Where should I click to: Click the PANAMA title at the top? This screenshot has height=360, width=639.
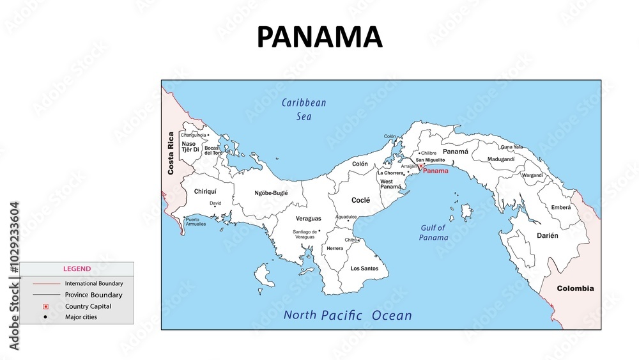(319, 38)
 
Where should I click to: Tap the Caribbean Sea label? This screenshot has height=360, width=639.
(304, 109)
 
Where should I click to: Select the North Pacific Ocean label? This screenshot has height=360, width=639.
(348, 315)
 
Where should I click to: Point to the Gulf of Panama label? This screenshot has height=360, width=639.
(433, 233)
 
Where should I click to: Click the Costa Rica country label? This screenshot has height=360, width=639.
(171, 153)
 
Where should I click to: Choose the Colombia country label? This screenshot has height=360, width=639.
(575, 288)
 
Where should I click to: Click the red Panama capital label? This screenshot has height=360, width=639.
(436, 171)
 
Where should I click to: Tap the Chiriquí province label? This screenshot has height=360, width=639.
(205, 191)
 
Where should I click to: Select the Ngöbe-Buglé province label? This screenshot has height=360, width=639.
(271, 192)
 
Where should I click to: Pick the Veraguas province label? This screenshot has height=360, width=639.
(309, 219)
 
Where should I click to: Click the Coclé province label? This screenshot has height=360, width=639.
(360, 200)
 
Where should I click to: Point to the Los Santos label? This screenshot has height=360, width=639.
(364, 269)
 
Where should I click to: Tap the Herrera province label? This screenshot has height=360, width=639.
(335, 248)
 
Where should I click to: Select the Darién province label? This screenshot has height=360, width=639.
(547, 235)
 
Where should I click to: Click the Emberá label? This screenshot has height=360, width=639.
(561, 207)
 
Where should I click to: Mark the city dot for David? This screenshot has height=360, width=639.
(215, 206)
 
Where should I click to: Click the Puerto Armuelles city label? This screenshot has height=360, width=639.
(196, 222)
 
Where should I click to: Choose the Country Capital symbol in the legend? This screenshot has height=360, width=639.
(45, 306)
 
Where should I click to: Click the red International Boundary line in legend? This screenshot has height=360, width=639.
(45, 283)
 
